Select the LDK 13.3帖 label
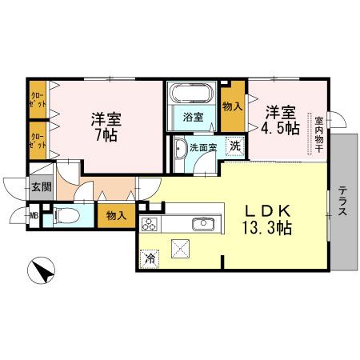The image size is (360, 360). (x=267, y=218)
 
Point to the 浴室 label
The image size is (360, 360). (x=193, y=118)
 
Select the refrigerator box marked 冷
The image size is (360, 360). (x=150, y=258)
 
